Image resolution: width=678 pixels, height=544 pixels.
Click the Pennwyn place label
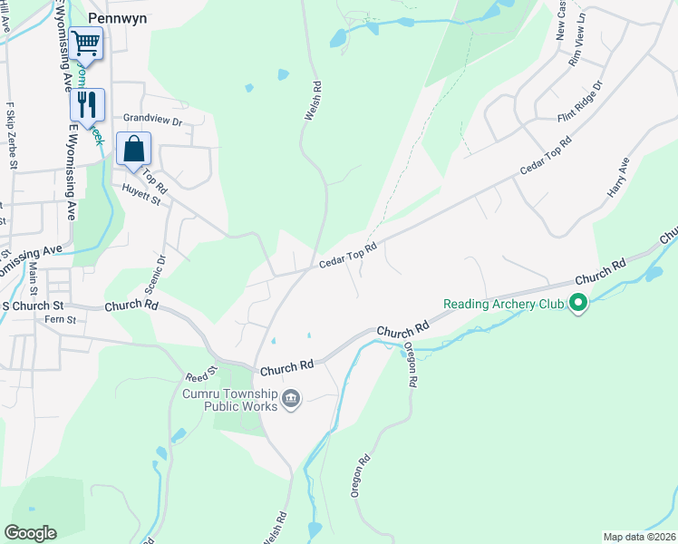118,16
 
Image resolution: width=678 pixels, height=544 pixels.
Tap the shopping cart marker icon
85,42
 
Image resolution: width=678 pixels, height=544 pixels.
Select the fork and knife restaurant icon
87,103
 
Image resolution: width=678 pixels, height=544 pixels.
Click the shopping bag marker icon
133,149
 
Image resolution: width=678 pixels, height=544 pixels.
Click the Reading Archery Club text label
504,305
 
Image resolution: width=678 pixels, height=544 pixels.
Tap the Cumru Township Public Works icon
291,399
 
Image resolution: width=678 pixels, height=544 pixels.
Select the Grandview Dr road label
152,119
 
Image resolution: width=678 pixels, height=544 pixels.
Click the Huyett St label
141,195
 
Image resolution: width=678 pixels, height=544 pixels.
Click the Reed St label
201,372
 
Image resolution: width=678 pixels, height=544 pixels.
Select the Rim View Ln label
577,51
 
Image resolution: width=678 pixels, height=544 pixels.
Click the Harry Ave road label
618,179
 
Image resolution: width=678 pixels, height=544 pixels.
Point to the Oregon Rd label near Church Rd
410,364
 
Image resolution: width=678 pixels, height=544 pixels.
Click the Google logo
30,533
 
